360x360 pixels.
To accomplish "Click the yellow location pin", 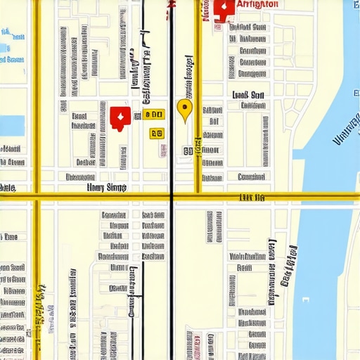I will pos(184,109).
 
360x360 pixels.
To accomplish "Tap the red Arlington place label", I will pos(257,4).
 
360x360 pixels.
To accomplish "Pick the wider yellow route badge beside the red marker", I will pos(153,115).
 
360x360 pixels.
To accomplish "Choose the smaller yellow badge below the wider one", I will pos(156,133).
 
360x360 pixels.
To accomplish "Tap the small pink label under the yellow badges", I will pos(163,149).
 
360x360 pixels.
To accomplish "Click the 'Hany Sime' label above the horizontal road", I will pos(106,187).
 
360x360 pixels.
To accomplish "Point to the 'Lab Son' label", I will pos(247,95).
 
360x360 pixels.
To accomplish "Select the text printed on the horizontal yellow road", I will pos(252,198).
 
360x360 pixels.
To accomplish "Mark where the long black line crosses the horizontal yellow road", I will pos(172,196).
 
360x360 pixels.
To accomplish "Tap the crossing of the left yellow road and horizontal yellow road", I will pos(37,196).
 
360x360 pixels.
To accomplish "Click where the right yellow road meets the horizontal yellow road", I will pos(198,195).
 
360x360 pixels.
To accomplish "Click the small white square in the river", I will pos(305,300).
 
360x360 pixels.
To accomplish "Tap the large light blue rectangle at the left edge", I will pos(11,125).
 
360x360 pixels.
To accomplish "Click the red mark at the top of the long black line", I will pos(171,4).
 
